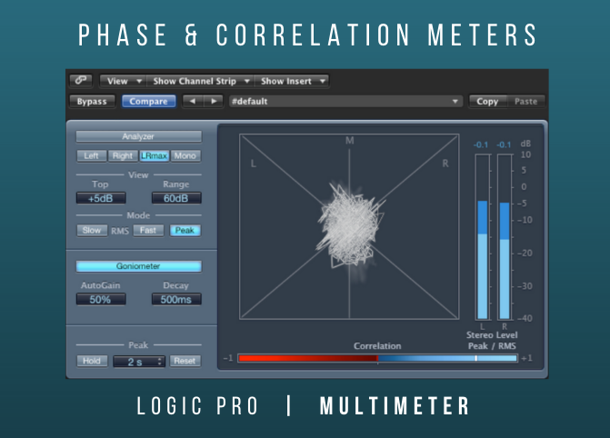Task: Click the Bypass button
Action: pyautogui.click(x=92, y=102)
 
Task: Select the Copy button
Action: pyautogui.click(x=487, y=102)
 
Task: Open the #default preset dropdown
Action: pyautogui.click(x=345, y=102)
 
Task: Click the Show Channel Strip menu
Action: pyautogui.click(x=200, y=81)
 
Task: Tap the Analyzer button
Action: pyautogui.click(x=138, y=136)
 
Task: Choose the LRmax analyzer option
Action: pyautogui.click(x=154, y=156)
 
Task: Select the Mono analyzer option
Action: pyautogui.click(x=185, y=156)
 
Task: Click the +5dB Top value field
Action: pyautogui.click(x=101, y=198)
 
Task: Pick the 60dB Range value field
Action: pyautogui.click(x=176, y=198)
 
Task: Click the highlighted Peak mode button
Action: pyautogui.click(x=185, y=230)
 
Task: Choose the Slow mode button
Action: pyautogui.click(x=92, y=230)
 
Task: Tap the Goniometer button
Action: pyautogui.click(x=138, y=266)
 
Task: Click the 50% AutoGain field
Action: pyautogui.click(x=101, y=300)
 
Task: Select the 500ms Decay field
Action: pyautogui.click(x=176, y=300)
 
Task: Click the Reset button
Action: pyautogui.click(x=185, y=361)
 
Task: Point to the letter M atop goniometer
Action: pyautogui.click(x=350, y=141)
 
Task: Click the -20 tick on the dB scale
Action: pyautogui.click(x=525, y=254)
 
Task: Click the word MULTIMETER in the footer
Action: pyautogui.click(x=395, y=406)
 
